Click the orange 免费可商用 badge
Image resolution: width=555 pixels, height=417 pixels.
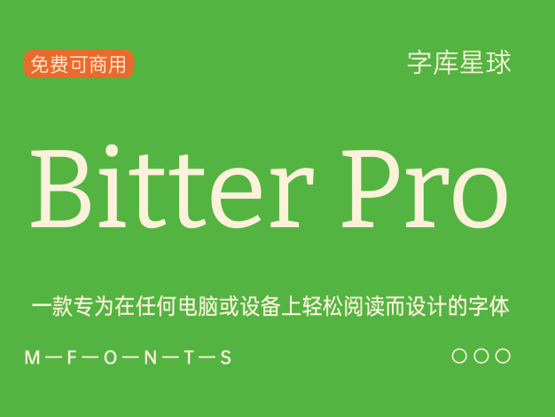coord(79,64)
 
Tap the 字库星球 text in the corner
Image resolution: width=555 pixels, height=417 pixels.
coord(459,62)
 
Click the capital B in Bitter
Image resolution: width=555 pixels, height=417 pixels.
coord(61,189)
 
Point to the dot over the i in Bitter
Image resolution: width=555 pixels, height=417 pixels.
coord(112,150)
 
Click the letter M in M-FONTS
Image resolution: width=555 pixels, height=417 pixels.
coord(32,358)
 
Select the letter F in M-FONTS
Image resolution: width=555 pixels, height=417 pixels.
coord(72,358)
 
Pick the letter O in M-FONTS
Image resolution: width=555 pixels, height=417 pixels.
coord(111,358)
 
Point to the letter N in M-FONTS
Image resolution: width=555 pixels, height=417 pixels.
coord(151,358)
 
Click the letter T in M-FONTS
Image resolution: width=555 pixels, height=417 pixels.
coord(190,358)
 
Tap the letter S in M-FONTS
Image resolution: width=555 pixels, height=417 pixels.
coord(226,358)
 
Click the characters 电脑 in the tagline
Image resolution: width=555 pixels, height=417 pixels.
coord(199,306)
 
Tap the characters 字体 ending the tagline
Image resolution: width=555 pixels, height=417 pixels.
coord(489,306)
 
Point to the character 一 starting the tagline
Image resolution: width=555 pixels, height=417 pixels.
coord(42,305)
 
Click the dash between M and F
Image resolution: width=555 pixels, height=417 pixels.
coord(53,358)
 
